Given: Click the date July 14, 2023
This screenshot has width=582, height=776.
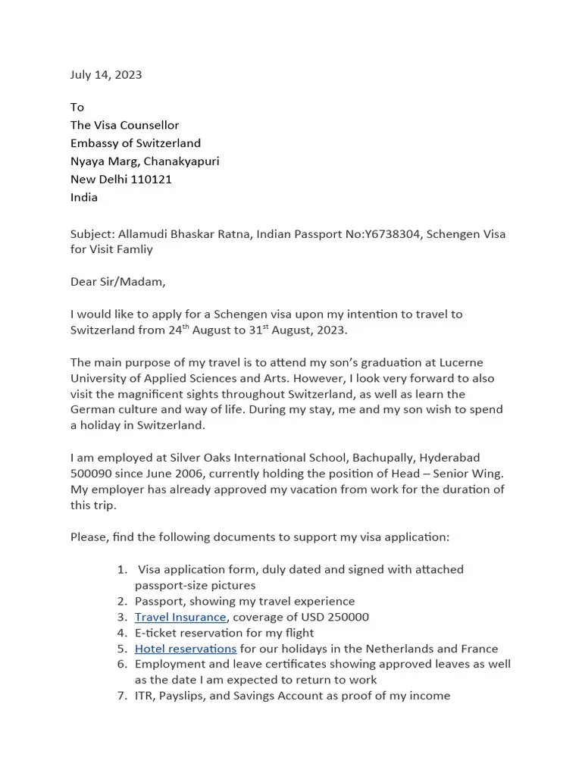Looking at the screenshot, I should point(106,74).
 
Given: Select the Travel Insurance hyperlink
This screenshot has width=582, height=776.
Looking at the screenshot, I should point(180,617).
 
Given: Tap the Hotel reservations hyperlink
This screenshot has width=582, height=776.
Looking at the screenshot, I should point(186,649).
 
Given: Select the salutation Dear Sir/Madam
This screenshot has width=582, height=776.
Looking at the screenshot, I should point(117,282).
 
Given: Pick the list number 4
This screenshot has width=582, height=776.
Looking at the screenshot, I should point(122,633).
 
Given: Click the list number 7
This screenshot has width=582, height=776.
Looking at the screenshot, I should point(122,696).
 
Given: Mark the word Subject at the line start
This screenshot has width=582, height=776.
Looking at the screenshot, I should point(92,233).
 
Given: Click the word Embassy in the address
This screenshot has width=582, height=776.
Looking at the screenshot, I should point(96,143).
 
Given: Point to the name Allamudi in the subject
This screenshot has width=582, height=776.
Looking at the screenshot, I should point(144,233).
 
